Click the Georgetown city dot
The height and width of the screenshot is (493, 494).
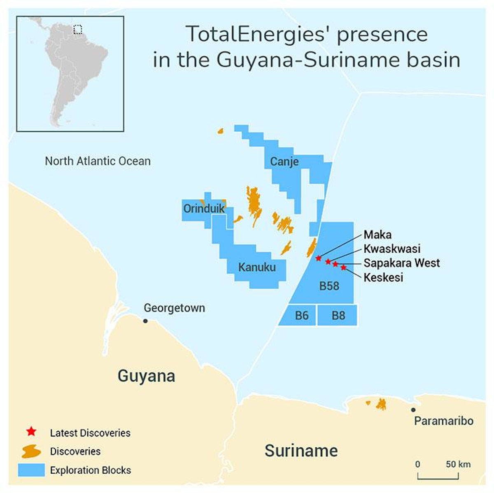click(x=145, y=321)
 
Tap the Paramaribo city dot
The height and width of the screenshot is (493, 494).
click(x=413, y=410)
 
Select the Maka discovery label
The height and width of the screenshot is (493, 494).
click(x=377, y=235)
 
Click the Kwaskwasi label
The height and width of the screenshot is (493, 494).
click(x=391, y=249)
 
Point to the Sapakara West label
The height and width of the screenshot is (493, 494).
click(x=401, y=263)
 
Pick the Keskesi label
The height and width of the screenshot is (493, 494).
click(x=383, y=277)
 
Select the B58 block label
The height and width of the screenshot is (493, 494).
click(x=329, y=286)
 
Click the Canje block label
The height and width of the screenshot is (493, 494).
click(x=284, y=162)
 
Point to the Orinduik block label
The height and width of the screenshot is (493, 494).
click(x=204, y=209)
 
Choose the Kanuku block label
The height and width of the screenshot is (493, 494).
click(x=257, y=267)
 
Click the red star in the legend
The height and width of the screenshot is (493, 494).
click(x=31, y=432)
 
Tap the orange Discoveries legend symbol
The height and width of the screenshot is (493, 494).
click(x=31, y=451)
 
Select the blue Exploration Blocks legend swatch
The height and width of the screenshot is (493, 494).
click(x=31, y=470)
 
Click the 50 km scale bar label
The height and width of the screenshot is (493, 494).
click(x=458, y=464)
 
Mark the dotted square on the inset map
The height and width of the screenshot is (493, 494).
click(x=77, y=30)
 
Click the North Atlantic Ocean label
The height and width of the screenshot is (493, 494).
click(x=98, y=161)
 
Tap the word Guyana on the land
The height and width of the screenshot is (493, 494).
click(x=146, y=376)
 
